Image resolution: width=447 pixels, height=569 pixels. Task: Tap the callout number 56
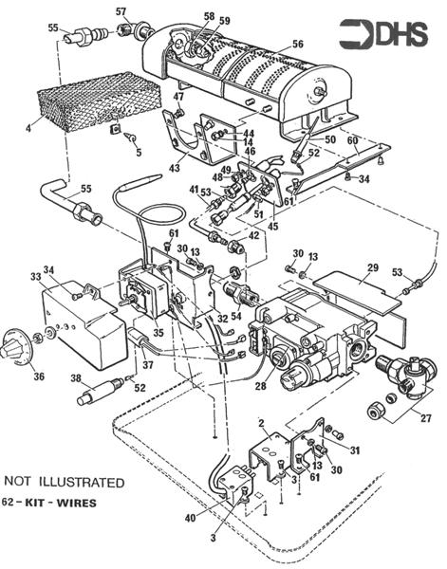[x=297, y=44]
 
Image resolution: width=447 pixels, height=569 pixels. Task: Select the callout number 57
[x=121, y=11]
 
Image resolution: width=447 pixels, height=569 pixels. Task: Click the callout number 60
[x=352, y=140]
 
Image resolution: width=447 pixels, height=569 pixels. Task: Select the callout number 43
[x=174, y=168]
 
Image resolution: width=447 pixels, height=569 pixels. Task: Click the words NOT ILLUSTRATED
[x=64, y=482]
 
